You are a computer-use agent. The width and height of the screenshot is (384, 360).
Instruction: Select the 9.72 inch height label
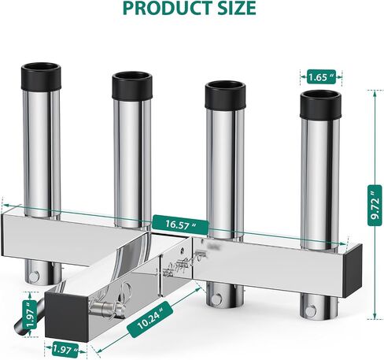coord(375,205)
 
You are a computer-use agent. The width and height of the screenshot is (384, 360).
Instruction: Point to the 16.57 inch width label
coord(181,225)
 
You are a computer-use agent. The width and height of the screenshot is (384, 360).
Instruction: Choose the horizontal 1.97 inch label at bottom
coord(65,349)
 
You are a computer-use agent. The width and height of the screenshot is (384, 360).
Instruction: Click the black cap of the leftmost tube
coord(41,76)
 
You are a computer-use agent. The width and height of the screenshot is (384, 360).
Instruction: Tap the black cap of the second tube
coord(132,85)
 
